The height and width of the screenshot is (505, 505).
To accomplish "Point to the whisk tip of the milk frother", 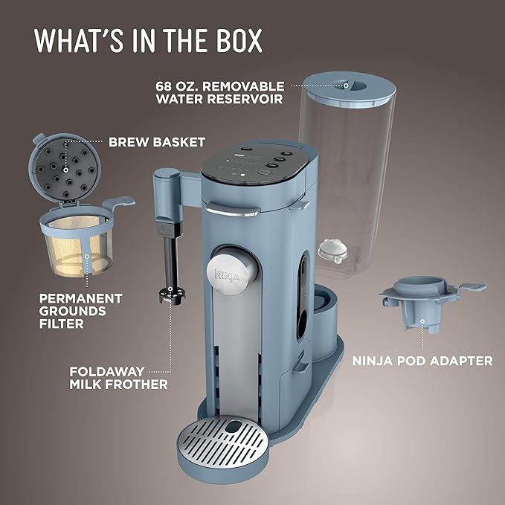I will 170,293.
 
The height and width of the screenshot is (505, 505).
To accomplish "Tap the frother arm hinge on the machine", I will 167,178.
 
